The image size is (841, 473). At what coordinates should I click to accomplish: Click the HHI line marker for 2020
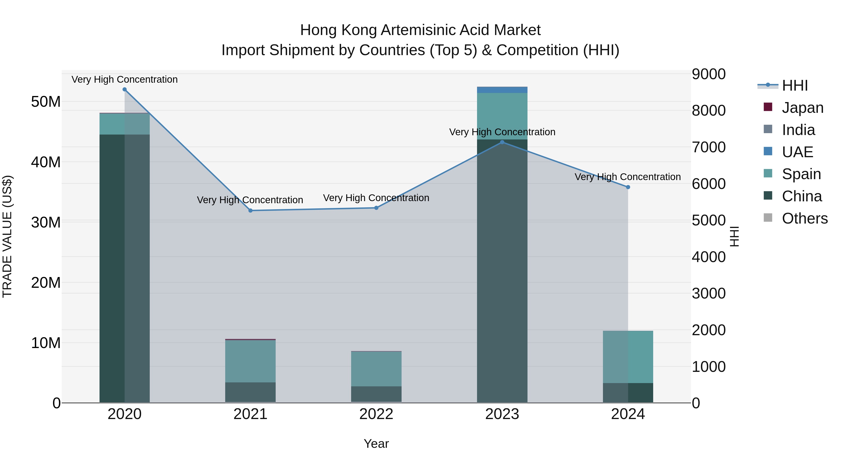[124, 89]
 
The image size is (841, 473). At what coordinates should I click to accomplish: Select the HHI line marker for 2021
[250, 210]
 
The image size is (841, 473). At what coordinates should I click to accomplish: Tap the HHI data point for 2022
[376, 208]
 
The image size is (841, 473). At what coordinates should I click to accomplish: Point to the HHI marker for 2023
[502, 142]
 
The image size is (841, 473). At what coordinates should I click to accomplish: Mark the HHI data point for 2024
[628, 187]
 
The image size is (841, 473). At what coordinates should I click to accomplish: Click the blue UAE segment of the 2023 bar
[502, 90]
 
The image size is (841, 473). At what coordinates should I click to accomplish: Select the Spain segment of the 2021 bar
[250, 361]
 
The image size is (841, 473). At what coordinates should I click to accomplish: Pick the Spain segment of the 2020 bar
[124, 124]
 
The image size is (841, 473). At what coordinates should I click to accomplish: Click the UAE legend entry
[797, 152]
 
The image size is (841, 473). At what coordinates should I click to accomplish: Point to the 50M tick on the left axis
[46, 102]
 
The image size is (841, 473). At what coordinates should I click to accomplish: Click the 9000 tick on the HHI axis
[709, 74]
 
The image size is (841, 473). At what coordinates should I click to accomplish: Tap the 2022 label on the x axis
[376, 414]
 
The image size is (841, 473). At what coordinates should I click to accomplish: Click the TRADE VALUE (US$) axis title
[7, 236]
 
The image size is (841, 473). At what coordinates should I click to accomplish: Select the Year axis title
[376, 444]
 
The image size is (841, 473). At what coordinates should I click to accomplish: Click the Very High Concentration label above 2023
[502, 132]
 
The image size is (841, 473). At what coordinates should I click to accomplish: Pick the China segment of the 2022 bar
[376, 394]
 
